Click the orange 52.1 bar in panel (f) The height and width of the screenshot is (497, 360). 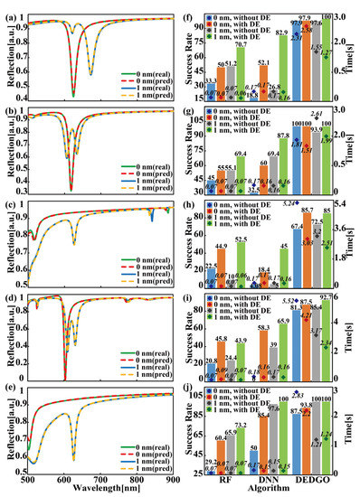coord(263,80)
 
